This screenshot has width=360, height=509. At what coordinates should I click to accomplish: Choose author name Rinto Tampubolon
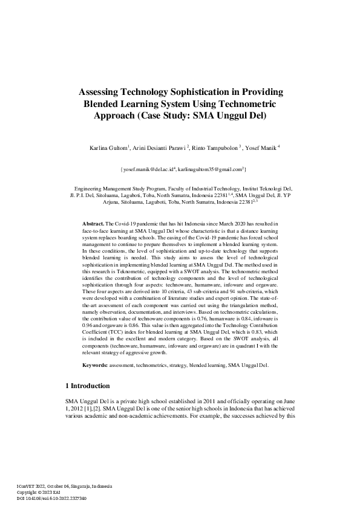click(x=215, y=148)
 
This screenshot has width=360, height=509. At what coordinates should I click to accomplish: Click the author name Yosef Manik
click(x=260, y=148)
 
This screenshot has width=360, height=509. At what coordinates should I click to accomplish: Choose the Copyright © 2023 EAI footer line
click(x=40, y=493)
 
